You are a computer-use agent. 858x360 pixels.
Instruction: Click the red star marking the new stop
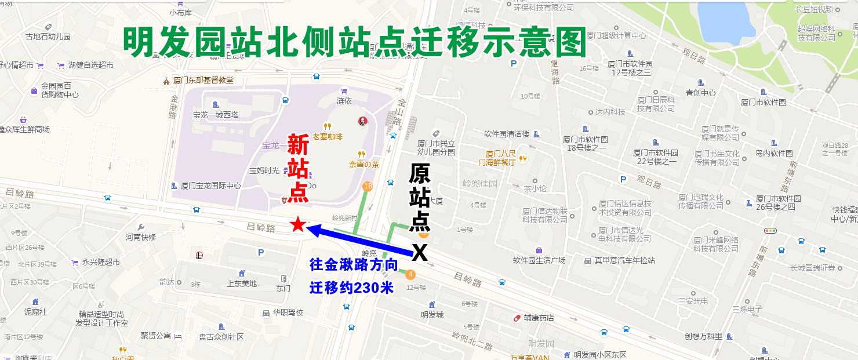[297, 225]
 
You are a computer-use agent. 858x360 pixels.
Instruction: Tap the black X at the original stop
[419, 253]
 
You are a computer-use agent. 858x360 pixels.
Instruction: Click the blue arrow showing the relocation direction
[359, 241]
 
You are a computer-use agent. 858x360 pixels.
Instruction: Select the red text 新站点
[298, 168]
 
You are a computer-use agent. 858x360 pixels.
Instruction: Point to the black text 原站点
[420, 197]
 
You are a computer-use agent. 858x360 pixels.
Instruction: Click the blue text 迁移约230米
[351, 288]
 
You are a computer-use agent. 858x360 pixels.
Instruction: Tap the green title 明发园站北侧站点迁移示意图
[355, 42]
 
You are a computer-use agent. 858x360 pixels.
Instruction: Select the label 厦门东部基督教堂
[203, 80]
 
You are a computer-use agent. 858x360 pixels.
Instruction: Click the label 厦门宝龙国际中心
[210, 186]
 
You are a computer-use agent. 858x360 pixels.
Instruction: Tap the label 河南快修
[141, 237]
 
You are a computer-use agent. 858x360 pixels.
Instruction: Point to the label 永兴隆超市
[101, 262]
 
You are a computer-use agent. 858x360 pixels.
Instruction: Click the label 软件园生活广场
[539, 260]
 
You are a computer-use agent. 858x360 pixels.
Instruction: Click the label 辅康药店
[539, 318]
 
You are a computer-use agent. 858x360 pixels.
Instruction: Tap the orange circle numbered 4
[411, 274]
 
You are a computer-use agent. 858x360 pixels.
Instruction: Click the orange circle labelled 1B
[367, 186]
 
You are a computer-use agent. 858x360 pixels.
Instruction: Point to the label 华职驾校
[287, 312]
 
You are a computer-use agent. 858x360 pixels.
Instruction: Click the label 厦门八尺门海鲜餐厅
[501, 158]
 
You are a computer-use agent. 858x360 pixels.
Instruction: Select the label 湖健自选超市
[90, 65]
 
